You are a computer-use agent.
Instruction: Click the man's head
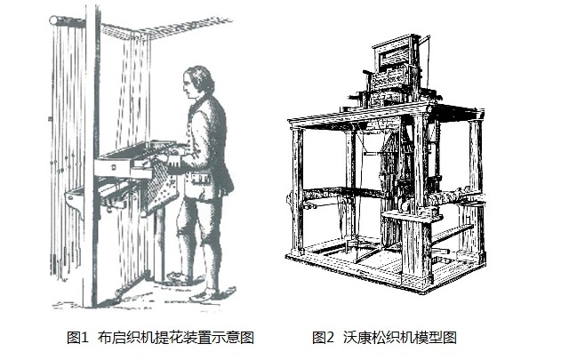tap(198, 84)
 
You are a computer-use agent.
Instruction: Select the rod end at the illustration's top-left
tap(53, 20)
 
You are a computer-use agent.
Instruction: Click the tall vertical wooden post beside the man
tap(92, 156)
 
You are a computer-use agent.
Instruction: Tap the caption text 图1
tap(77, 338)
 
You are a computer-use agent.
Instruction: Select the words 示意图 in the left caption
tap(232, 338)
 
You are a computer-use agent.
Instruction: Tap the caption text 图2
tap(323, 338)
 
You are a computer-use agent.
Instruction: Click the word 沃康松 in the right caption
tap(364, 338)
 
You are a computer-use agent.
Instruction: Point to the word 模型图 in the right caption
tap(435, 338)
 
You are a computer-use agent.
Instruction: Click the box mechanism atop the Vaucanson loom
tap(396, 69)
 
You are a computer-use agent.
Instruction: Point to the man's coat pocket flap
tap(201, 178)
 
